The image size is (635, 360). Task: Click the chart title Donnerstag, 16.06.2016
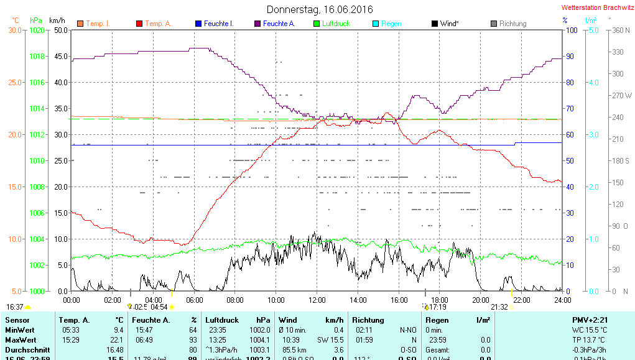320,9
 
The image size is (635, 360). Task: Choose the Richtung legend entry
512,24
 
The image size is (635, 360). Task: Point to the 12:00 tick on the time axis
317,300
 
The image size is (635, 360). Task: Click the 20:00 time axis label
481,300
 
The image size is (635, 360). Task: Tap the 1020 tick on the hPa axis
37,30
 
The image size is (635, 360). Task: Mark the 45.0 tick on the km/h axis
60,56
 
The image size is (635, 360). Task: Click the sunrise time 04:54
159,307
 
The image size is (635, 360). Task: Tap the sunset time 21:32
499,307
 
